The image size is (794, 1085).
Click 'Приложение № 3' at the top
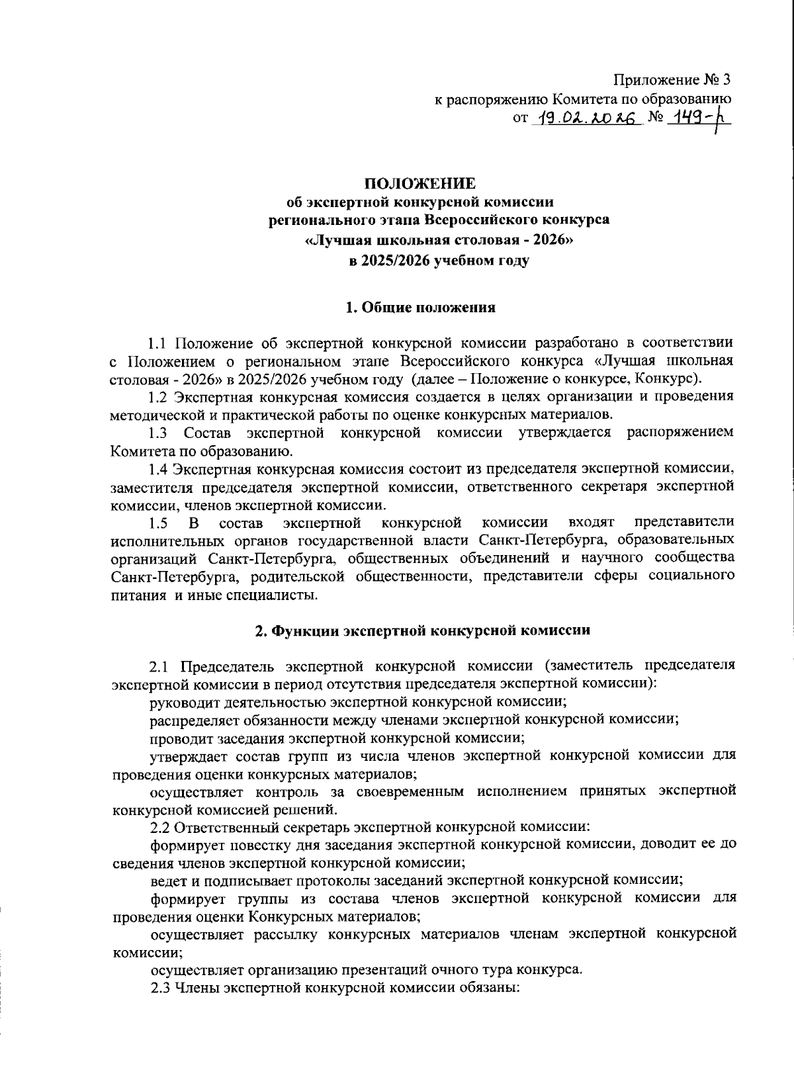coord(672,81)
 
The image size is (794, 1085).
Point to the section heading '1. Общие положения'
coord(421,308)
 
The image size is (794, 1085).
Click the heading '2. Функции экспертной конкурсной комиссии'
coord(423,630)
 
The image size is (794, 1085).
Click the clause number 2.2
coord(159,827)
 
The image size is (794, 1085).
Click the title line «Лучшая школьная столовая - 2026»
coord(439,241)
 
